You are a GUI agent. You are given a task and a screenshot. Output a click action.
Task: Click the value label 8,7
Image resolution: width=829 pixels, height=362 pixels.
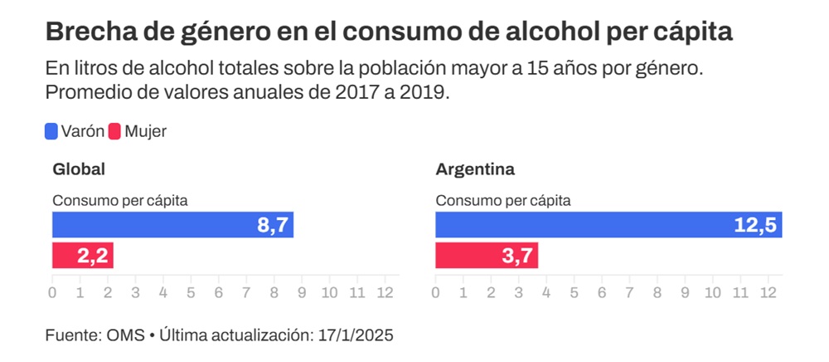pyautogui.click(x=272, y=226)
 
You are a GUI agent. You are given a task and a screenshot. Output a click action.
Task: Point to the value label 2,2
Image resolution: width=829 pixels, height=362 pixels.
pyautogui.click(x=93, y=256)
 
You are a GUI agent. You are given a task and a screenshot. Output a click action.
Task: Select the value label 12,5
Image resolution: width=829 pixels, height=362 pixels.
pyautogui.click(x=755, y=226)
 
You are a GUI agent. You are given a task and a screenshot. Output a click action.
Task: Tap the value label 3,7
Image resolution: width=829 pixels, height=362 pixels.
pyautogui.click(x=518, y=256)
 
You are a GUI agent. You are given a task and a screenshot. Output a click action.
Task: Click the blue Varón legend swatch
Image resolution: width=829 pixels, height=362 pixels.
pyautogui.click(x=51, y=131)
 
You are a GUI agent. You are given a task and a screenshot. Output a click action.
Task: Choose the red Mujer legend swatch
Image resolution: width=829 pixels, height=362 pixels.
pyautogui.click(x=114, y=131)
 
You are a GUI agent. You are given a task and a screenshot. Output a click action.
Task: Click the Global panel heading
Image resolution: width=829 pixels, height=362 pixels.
pyautogui.click(x=79, y=169)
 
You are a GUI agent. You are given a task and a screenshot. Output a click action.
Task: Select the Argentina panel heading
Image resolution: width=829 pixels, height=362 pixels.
pyautogui.click(x=475, y=169)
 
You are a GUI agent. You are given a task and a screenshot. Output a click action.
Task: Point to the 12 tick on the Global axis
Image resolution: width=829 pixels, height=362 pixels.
pyautogui.click(x=385, y=292)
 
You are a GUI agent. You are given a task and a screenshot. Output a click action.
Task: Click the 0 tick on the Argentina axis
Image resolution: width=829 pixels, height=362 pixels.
pyautogui.click(x=436, y=292)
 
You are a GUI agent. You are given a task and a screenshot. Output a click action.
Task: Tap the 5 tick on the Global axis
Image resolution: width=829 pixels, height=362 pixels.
pyautogui.click(x=191, y=292)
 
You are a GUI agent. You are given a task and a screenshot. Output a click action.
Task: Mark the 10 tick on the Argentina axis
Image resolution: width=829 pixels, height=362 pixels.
pyautogui.click(x=713, y=292)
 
